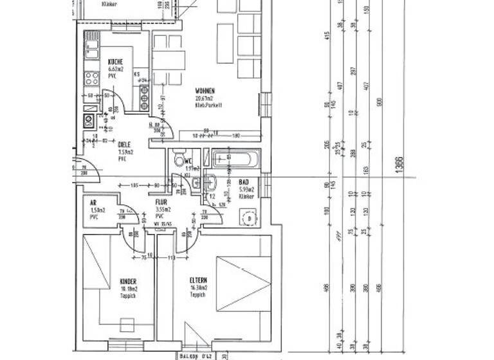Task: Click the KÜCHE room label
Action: (116, 62)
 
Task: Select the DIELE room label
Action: (125, 144)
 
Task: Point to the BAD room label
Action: (244, 182)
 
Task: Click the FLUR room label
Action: (161, 201)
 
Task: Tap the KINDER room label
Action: (129, 281)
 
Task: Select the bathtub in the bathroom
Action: (235, 158)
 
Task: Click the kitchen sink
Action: (91, 47)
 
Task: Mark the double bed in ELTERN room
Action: (243, 283)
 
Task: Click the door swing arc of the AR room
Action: (132, 212)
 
